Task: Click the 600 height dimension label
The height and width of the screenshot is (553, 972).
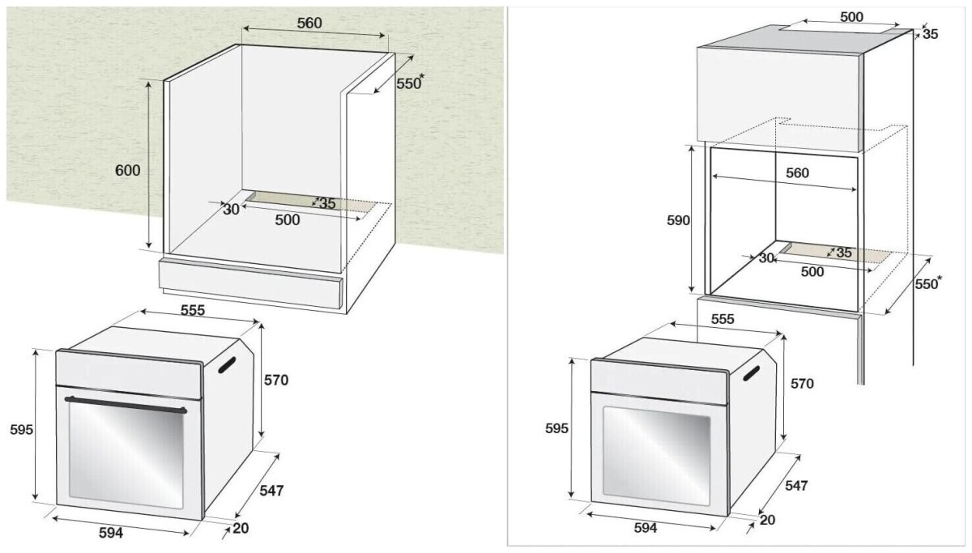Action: pos(127,171)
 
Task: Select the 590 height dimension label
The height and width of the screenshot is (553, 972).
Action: pos(677,220)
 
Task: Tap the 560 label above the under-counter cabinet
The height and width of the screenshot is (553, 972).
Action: pos(309,23)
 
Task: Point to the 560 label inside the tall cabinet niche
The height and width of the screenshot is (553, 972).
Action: pos(797,173)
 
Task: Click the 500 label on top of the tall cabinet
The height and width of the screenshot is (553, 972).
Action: pos(850,17)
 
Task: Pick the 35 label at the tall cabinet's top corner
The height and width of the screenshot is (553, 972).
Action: pos(930,34)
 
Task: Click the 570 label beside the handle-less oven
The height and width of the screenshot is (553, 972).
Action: pos(801,384)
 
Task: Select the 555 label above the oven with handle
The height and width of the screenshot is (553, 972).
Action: pos(192,310)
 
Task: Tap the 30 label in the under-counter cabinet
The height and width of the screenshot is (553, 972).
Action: pos(231,209)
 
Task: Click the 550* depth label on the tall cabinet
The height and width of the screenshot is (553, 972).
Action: pos(928,284)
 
